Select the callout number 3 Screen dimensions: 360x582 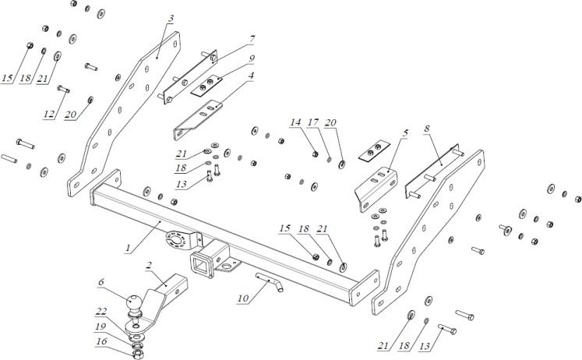(171, 19)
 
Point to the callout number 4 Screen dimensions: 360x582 (252, 76)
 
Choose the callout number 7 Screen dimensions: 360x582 (252, 38)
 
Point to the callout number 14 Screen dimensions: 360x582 (295, 123)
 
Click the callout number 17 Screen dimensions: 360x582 (312, 123)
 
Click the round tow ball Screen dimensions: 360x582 (132, 301)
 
